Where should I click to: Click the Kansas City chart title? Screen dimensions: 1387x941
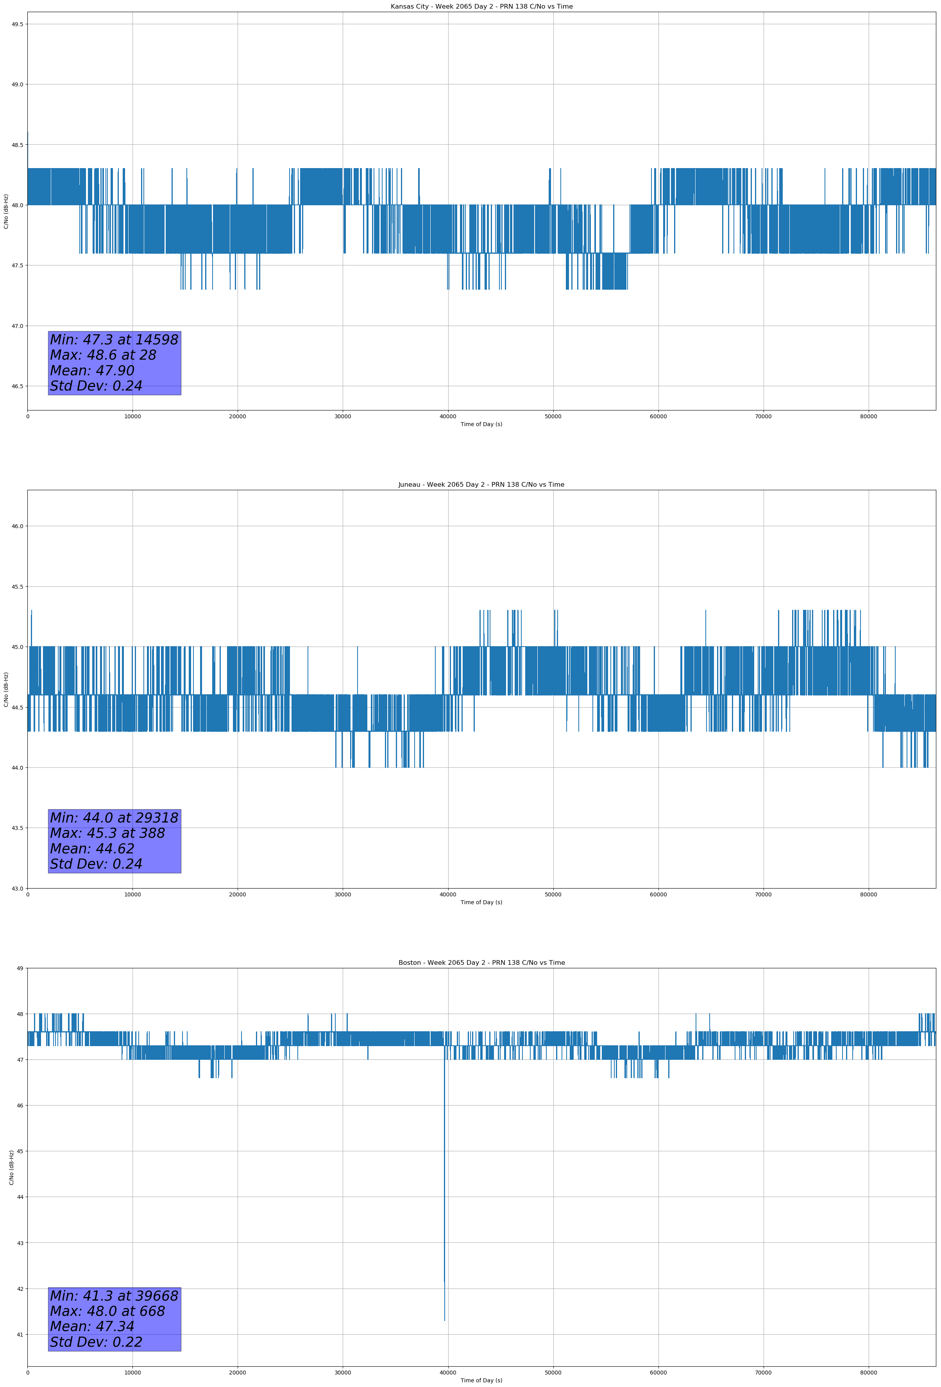pyautogui.click(x=481, y=7)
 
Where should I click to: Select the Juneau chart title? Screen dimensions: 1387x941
pyautogui.click(x=481, y=485)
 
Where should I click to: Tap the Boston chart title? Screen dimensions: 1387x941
pyautogui.click(x=481, y=963)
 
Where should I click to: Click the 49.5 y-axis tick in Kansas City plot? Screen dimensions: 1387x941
pyautogui.click(x=17, y=24)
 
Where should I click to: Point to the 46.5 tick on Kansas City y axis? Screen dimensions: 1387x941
pyautogui.click(x=17, y=386)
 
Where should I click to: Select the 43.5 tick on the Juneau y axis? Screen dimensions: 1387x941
pyautogui.click(x=17, y=828)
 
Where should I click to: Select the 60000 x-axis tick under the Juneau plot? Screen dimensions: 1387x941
pyautogui.click(x=658, y=894)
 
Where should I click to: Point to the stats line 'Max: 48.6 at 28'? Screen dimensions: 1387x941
pyautogui.click(x=103, y=355)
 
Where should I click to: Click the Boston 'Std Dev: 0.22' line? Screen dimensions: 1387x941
pyautogui.click(x=96, y=1342)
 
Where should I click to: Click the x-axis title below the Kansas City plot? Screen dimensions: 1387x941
pyautogui.click(x=481, y=424)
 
